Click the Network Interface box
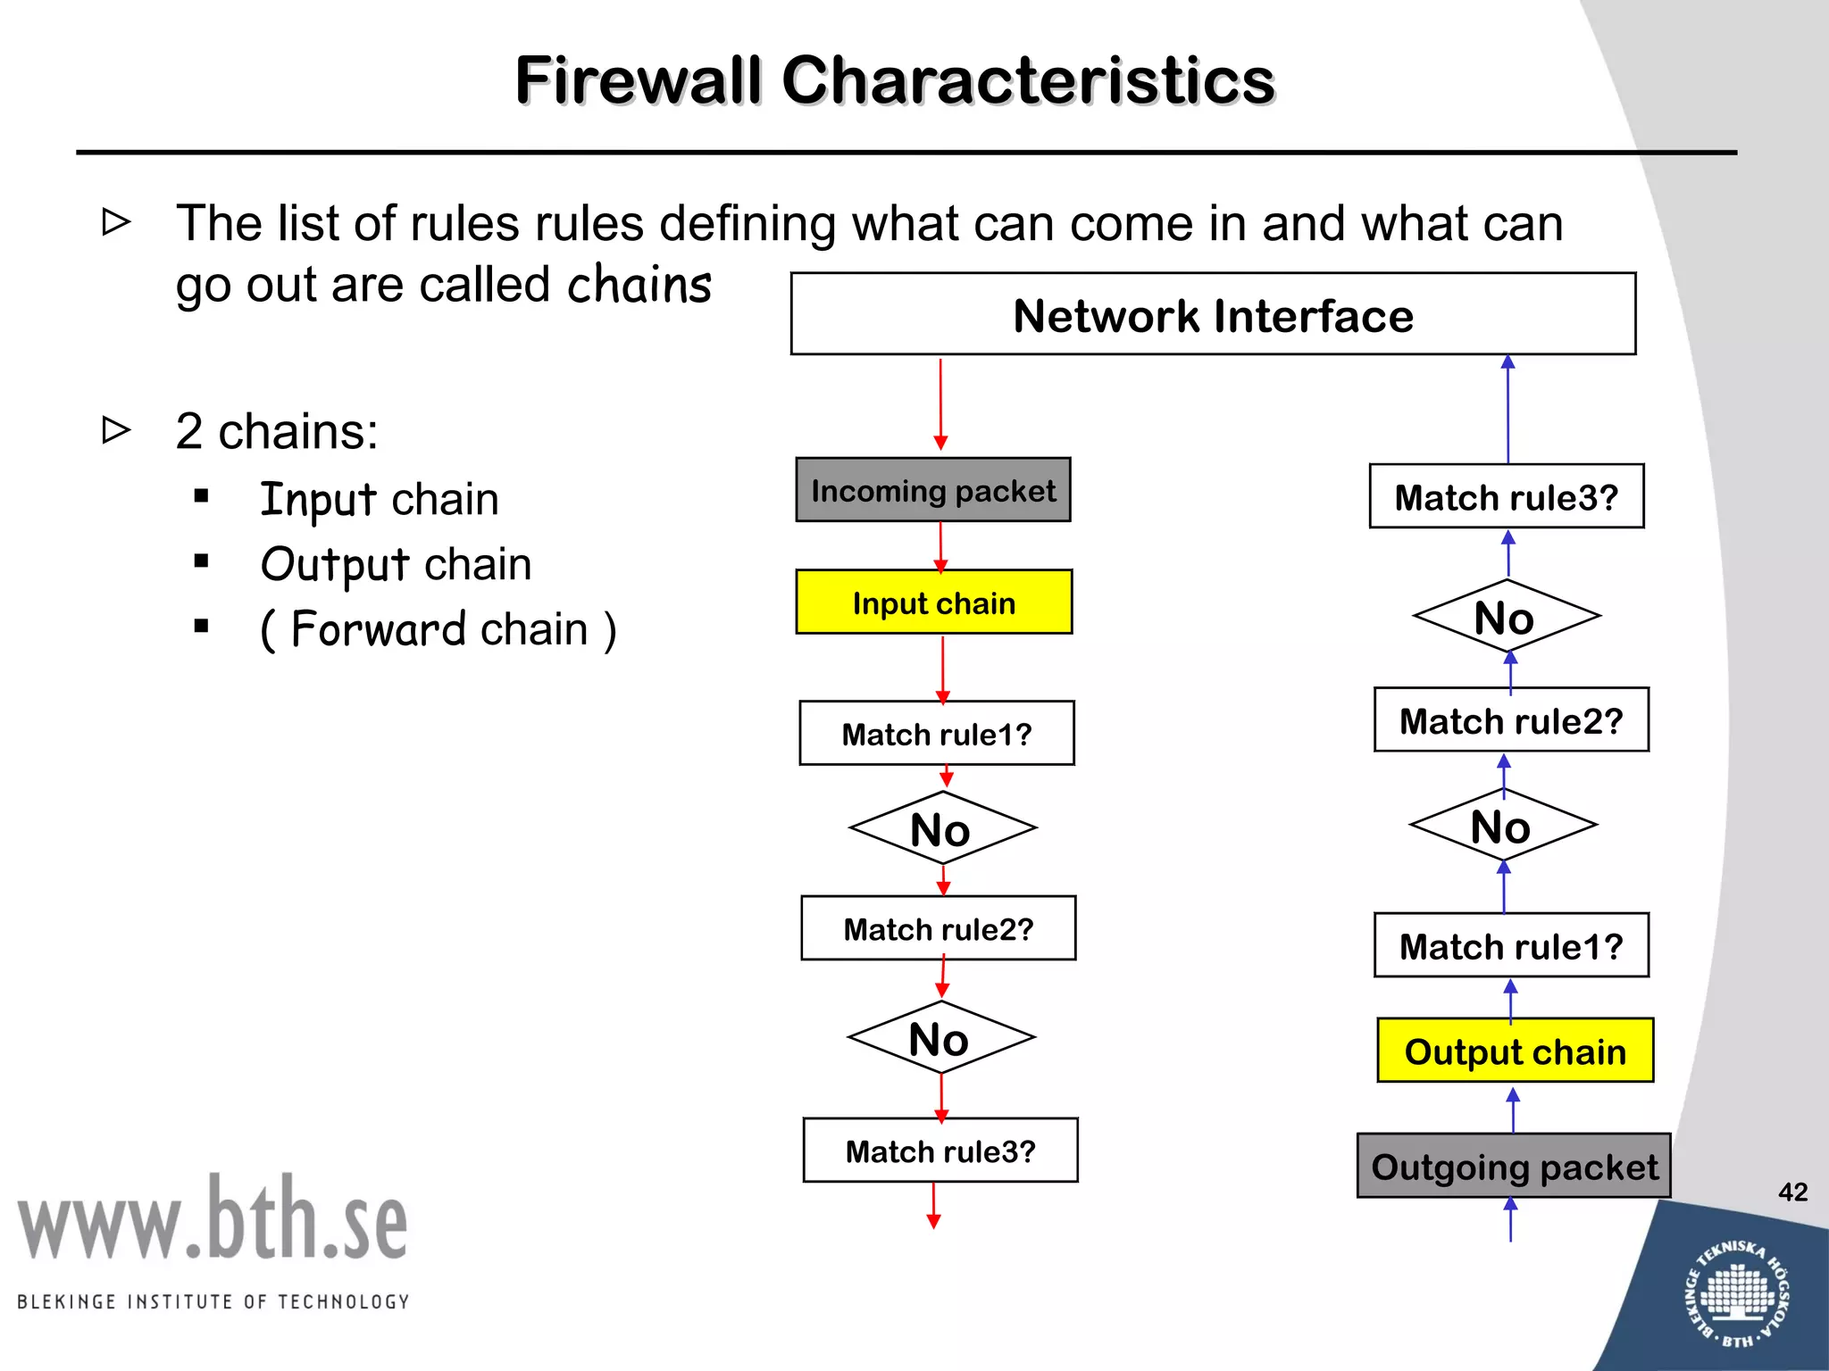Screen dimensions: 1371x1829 [1213, 314]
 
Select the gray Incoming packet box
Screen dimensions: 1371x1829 [933, 490]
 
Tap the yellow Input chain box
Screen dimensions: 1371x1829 [934, 602]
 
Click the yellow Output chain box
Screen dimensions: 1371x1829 [1515, 1051]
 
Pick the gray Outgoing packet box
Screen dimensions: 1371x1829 [1514, 1166]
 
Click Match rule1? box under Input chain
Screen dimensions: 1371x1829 [937, 734]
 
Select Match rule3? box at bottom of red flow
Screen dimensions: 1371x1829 [940, 1151]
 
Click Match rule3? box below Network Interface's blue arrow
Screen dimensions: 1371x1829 [1507, 496]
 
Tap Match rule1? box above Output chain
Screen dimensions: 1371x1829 [1511, 945]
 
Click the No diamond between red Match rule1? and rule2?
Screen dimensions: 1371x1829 [942, 828]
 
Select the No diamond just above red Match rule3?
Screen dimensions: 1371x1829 [940, 1038]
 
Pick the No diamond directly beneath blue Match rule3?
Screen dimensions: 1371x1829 [1506, 616]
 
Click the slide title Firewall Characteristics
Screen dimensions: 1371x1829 [895, 80]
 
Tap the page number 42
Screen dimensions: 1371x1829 [1792, 1192]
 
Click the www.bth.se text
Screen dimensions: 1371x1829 [213, 1219]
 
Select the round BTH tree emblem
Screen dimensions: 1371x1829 [1736, 1293]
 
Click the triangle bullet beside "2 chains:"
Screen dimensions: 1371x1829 [116, 430]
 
